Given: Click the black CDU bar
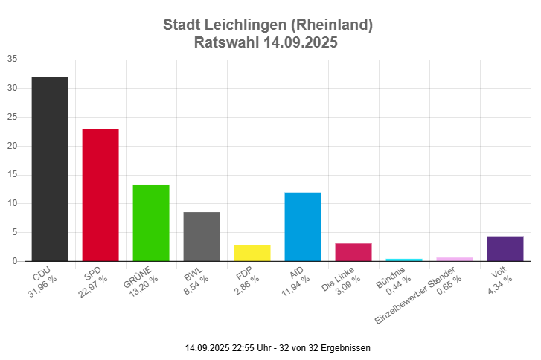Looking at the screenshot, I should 50,169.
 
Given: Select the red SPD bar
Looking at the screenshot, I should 100,195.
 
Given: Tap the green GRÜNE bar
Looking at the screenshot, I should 151,223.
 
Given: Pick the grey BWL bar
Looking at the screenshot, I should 202,237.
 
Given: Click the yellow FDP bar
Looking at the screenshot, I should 252,253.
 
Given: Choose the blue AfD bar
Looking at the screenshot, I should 303,227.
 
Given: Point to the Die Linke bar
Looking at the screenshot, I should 353,252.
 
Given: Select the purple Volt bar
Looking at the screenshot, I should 505,248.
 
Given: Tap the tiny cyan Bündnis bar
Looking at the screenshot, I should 404,260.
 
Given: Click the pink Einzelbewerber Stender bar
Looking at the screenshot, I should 455,259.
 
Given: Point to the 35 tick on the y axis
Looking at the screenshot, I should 13,60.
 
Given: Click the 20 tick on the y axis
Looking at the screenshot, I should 13,146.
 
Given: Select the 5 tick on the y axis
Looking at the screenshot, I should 15,232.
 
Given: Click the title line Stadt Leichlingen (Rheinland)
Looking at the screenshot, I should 268,25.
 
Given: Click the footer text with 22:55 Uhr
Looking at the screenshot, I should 278,347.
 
